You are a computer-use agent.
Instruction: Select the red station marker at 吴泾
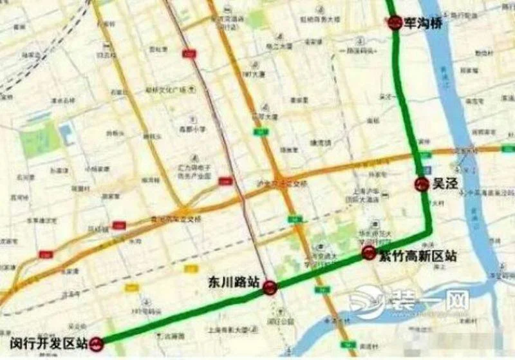tap(421, 184)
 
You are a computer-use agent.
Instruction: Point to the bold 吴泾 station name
tap(444, 184)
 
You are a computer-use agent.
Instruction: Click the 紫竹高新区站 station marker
tap(369, 252)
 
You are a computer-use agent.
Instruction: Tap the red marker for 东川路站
tap(270, 289)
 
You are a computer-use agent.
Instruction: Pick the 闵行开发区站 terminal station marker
tap(97, 345)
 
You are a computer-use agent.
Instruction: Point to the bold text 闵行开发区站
tap(48, 343)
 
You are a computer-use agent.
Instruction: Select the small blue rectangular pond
tap(66, 134)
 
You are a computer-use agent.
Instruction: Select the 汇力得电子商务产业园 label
tap(195, 171)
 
